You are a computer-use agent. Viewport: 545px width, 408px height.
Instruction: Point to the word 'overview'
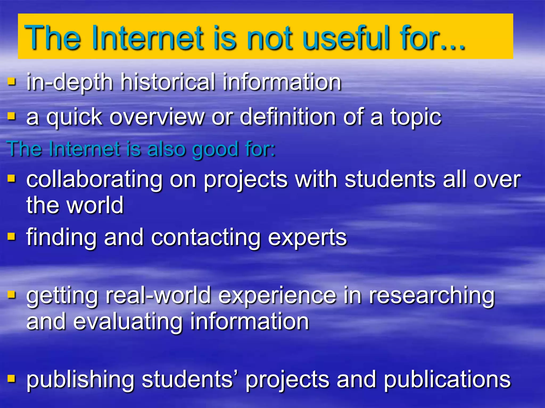coord(157,117)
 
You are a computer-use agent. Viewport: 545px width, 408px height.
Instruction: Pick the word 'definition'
coord(288,117)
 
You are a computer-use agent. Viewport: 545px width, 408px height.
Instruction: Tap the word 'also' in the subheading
coord(166,149)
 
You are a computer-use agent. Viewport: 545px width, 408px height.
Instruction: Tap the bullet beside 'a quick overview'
coord(11,116)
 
